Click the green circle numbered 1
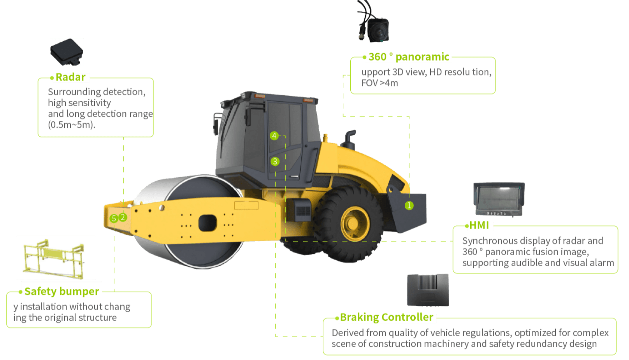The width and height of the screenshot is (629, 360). click(409, 205)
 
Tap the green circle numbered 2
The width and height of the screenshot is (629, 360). click(123, 217)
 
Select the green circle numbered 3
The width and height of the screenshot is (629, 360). click(275, 162)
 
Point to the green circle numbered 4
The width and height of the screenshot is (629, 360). click(274, 136)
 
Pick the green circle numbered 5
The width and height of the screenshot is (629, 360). click(114, 218)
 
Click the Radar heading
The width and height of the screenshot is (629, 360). click(70, 77)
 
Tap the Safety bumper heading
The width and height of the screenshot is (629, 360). click(62, 292)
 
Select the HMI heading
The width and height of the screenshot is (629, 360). click(479, 225)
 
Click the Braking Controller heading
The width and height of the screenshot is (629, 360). click(387, 317)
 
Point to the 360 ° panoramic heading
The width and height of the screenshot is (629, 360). click(409, 57)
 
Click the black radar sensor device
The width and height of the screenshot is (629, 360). click(67, 52)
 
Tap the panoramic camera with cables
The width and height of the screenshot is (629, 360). click(373, 22)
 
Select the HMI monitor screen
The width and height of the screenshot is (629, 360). click(499, 199)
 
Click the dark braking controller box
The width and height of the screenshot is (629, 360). click(428, 290)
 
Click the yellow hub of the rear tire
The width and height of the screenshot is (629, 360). click(355, 223)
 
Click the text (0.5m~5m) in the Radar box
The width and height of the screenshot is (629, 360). click(72, 125)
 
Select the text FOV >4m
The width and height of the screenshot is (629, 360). click(380, 83)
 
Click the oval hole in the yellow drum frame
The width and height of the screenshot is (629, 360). click(207, 223)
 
